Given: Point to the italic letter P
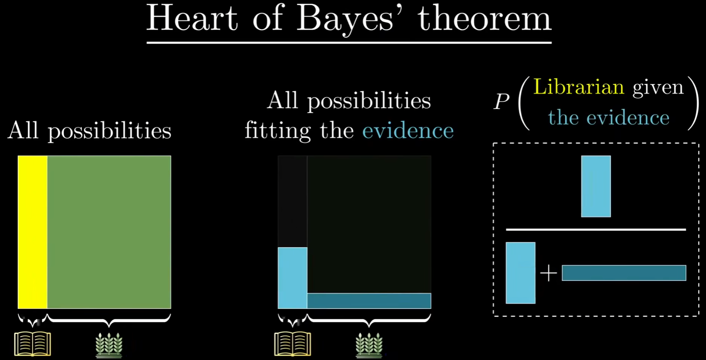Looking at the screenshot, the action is coord(501,102).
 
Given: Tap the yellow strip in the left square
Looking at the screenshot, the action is coord(33,232).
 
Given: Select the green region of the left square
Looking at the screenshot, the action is coord(109,232).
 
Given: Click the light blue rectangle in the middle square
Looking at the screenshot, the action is coord(293,278).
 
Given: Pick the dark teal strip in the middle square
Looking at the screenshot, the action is coord(369,301).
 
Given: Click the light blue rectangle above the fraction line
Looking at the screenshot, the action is coord(596,186).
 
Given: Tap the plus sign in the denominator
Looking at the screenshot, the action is coord(549,273).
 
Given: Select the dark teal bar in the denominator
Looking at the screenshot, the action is coord(624,273).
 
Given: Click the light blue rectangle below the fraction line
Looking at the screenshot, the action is coord(521,273).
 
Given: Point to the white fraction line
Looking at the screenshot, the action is coord(596,230).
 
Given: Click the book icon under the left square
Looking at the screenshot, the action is coord(33,344).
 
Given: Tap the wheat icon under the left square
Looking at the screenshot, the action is coord(109,346).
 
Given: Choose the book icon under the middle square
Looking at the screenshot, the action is coord(293,344).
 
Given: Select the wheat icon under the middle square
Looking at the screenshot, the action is coord(369,346).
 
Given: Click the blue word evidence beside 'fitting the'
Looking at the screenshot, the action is coord(408,130).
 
